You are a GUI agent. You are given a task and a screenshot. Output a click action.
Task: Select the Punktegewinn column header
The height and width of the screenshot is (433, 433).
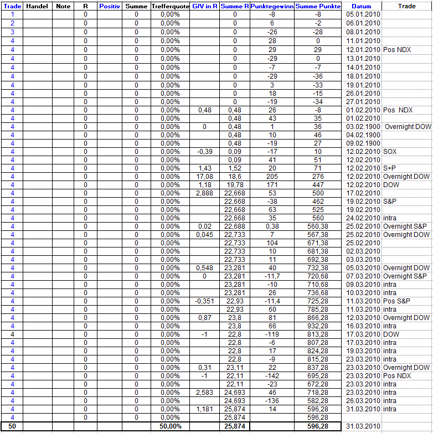[x=272, y=6]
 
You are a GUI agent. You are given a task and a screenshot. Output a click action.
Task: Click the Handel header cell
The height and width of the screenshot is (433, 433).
[x=37, y=6]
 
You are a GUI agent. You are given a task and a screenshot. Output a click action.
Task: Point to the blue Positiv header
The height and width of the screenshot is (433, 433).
[x=110, y=6]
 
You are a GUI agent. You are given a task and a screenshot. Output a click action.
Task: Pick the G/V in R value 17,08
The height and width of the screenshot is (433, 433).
[x=205, y=177]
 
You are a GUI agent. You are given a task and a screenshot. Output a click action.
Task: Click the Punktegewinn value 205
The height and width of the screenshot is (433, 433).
[x=272, y=177]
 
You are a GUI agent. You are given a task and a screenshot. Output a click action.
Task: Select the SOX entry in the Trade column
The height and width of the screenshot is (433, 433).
[x=389, y=152]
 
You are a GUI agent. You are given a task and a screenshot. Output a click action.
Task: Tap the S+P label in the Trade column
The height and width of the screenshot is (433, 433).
[x=390, y=168]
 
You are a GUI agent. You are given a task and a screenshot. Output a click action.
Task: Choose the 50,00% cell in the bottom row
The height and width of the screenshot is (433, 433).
[x=171, y=426]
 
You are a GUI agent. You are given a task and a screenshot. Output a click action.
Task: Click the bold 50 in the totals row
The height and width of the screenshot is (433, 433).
[x=12, y=426]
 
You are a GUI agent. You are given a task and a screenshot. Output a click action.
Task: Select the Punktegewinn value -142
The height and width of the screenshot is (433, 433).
[x=272, y=376]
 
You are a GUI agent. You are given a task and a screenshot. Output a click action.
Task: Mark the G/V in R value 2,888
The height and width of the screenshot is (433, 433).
[x=205, y=193]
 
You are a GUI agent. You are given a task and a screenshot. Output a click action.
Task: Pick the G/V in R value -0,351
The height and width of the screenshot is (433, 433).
[x=205, y=301]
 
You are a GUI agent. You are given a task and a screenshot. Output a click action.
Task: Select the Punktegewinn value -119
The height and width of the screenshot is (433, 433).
[x=272, y=334]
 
